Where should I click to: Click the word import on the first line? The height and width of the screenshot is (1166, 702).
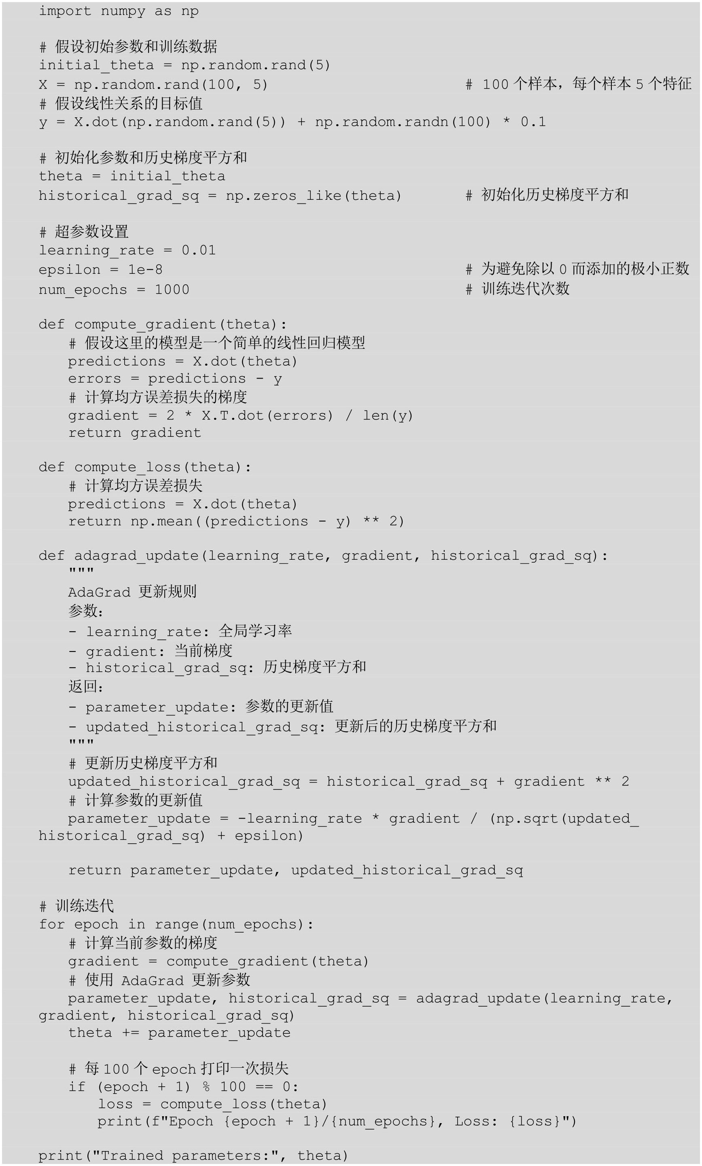(x=65, y=11)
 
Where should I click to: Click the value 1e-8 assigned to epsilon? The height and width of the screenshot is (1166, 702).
(x=145, y=269)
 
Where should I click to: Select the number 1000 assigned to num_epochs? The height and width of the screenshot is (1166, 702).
(x=172, y=289)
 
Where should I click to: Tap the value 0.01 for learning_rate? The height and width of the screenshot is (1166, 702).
(x=199, y=250)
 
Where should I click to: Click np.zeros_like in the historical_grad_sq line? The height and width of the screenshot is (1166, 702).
(x=283, y=195)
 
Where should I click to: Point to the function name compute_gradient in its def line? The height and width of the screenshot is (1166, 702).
(x=145, y=324)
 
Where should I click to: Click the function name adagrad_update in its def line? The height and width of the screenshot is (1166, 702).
(x=136, y=556)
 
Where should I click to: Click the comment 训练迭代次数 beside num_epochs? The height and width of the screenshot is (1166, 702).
(x=525, y=289)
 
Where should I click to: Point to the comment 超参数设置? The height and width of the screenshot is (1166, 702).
(x=91, y=232)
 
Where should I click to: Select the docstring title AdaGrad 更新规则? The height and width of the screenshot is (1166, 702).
(x=132, y=592)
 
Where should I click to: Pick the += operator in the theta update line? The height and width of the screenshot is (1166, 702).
(x=130, y=1032)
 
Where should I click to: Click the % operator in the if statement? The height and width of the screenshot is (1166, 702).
(x=206, y=1087)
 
